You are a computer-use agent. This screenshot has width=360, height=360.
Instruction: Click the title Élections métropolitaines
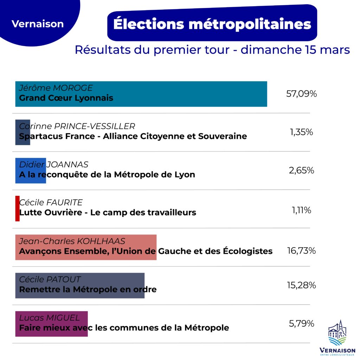coord(212,24)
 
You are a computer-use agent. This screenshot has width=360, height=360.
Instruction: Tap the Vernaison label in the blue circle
coord(38,24)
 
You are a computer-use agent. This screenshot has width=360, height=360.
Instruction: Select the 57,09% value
coord(302,94)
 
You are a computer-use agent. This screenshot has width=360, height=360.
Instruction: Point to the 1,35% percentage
coord(301,132)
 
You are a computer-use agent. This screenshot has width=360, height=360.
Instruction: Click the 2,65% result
coord(301,171)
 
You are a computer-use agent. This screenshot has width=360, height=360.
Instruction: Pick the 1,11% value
coord(301,210)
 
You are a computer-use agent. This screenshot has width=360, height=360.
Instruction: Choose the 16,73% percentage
coord(301,251)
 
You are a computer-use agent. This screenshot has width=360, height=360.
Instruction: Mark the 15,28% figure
coord(301,285)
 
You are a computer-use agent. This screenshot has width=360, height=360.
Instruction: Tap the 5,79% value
coord(301,323)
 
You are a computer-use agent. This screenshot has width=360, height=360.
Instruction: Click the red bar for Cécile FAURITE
coord(17,208)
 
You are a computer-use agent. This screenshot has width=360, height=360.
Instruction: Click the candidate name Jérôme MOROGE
coord(56,88)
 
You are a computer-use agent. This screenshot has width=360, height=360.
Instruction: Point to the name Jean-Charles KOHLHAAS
coord(72,241)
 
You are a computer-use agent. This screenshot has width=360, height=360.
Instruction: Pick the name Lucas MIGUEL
coord(49,318)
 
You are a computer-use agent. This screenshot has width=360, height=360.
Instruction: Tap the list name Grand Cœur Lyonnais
coord(66,98)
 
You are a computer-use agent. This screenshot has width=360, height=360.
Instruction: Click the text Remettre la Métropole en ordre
coord(88,290)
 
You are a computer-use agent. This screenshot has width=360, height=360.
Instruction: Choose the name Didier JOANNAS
coord(53,165)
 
